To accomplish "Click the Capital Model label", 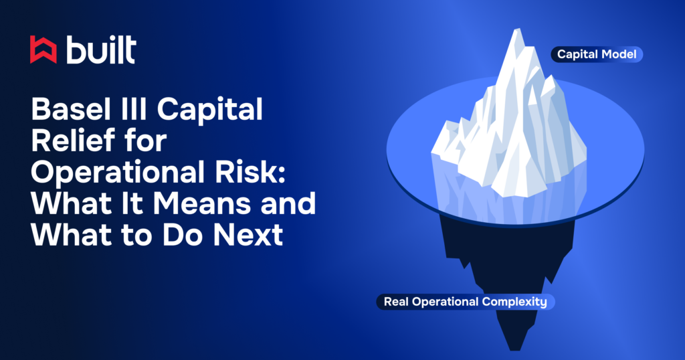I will point(597,54).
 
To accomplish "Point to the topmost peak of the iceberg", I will point(515,31).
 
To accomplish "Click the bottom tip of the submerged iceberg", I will point(513,349).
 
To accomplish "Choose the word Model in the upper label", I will point(620,54).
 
